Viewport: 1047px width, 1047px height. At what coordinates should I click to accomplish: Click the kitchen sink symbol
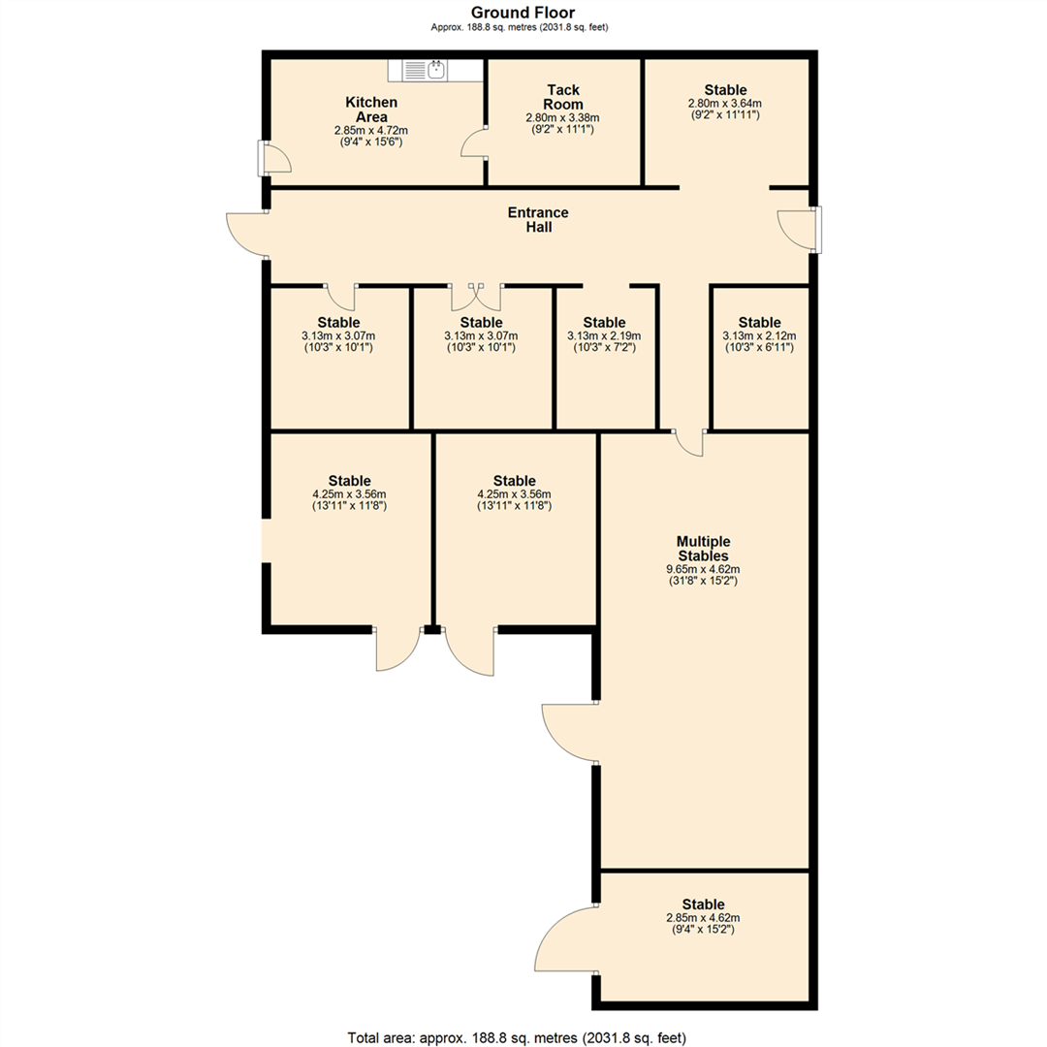click(425, 70)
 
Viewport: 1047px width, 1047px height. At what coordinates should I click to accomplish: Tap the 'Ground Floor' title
click(523, 12)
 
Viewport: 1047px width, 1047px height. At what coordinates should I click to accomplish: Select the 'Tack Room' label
click(562, 97)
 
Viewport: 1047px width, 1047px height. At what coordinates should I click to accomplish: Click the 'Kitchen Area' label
click(371, 109)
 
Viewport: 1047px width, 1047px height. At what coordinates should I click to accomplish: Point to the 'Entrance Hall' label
click(538, 219)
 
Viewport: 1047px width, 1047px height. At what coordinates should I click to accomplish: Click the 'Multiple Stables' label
click(703, 548)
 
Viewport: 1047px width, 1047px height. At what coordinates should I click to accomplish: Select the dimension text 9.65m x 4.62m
click(703, 569)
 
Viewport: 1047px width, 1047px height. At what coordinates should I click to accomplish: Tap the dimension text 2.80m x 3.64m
click(725, 103)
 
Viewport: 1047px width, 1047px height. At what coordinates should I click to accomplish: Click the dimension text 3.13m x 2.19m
click(604, 335)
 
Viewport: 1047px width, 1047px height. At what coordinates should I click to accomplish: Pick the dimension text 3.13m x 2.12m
click(759, 335)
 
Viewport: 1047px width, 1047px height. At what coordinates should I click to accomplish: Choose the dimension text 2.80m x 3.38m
click(562, 117)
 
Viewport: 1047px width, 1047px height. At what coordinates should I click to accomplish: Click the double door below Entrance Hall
click(476, 294)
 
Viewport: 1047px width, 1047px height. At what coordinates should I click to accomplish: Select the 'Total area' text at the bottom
click(523, 1037)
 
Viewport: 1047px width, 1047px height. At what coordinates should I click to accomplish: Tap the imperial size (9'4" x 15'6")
click(371, 142)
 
